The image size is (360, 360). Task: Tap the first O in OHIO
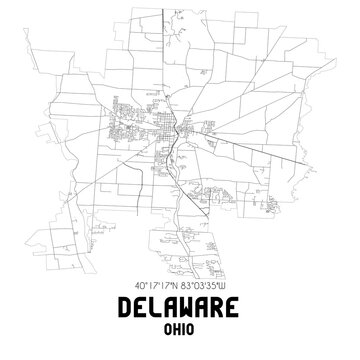pyautogui.click(x=165, y=329)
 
